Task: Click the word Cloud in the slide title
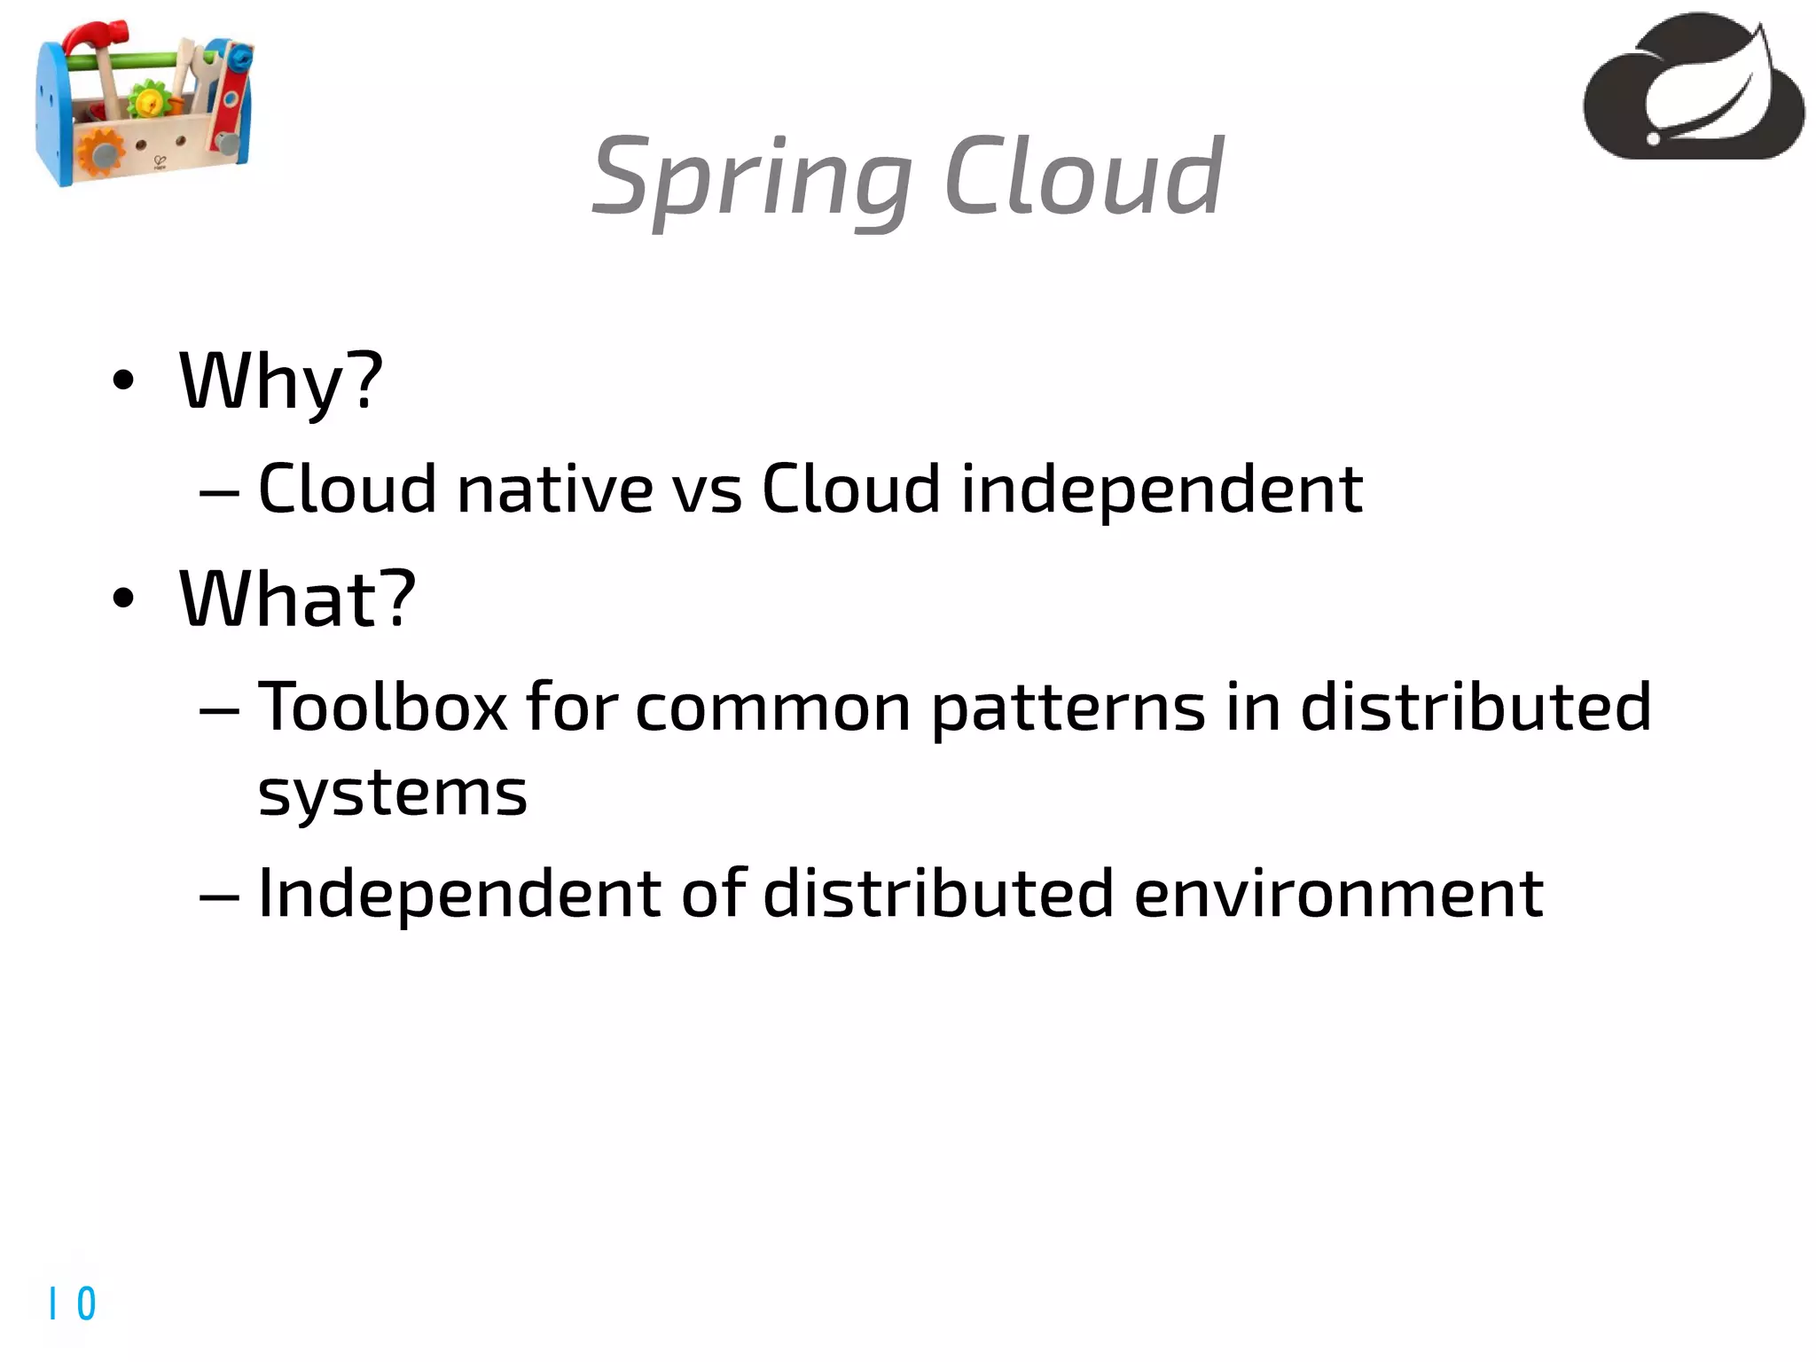pos(1084,177)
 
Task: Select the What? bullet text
pos(297,600)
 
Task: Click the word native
pos(555,489)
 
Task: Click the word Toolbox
pos(382,708)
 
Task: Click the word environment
pos(1339,894)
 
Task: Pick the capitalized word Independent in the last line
pos(458,894)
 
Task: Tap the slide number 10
pos(73,1303)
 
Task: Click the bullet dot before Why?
pos(123,381)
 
